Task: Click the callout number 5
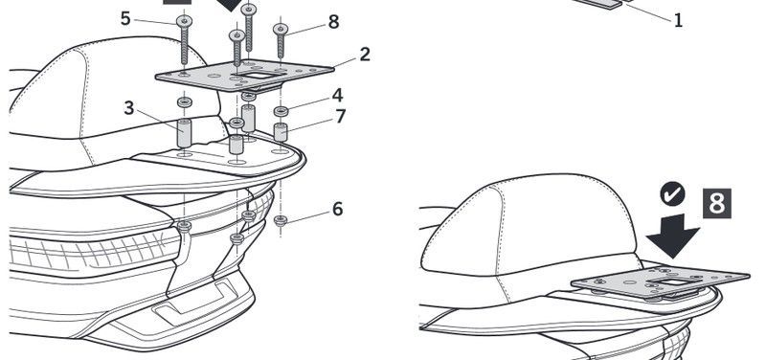(x=126, y=18)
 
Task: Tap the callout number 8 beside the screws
(x=333, y=22)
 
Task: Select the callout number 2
(x=365, y=55)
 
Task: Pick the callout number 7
(x=341, y=116)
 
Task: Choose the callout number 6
(x=338, y=209)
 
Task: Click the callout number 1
(x=678, y=20)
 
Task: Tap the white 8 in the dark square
(x=716, y=203)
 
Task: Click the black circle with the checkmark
(x=672, y=195)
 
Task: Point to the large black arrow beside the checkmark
(x=673, y=234)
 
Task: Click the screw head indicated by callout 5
(x=185, y=21)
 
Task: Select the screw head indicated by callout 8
(x=281, y=30)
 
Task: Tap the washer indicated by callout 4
(x=281, y=111)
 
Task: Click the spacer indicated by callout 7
(x=280, y=132)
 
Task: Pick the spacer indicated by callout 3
(x=185, y=132)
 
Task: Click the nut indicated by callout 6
(x=281, y=221)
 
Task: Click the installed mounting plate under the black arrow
(x=660, y=281)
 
